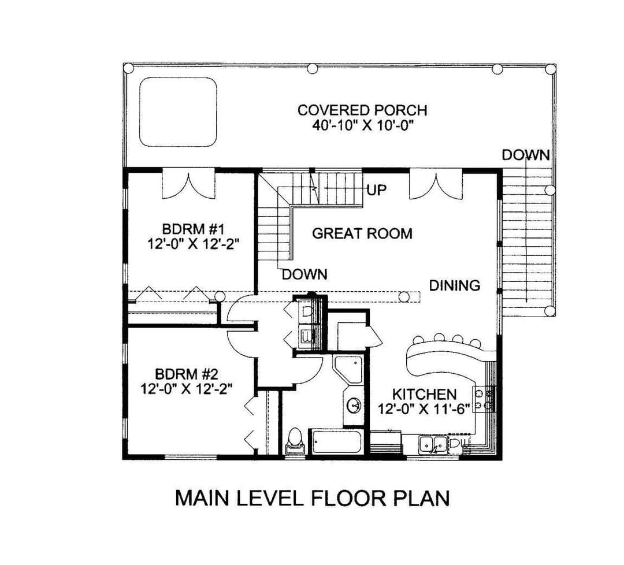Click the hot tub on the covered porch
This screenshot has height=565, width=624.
coord(178,113)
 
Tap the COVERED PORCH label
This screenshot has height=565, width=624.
coord(362,110)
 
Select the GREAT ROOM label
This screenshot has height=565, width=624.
coord(362,233)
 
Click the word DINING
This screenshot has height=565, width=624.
coord(455,285)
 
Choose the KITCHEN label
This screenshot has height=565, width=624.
coord(424,395)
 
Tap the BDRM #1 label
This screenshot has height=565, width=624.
coord(194,229)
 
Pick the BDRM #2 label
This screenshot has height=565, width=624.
coord(187,374)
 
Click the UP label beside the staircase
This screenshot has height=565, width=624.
coord(377,190)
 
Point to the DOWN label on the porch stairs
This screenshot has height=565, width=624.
coord(526,155)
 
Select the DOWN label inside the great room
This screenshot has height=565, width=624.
coord(305,274)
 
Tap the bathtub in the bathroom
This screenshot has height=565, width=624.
coord(337,441)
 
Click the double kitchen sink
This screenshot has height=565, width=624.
coord(433,444)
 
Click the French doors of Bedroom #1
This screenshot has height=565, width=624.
coord(189,184)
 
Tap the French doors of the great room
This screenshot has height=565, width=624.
coord(436,184)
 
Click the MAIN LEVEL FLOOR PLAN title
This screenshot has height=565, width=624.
coord(313,498)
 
